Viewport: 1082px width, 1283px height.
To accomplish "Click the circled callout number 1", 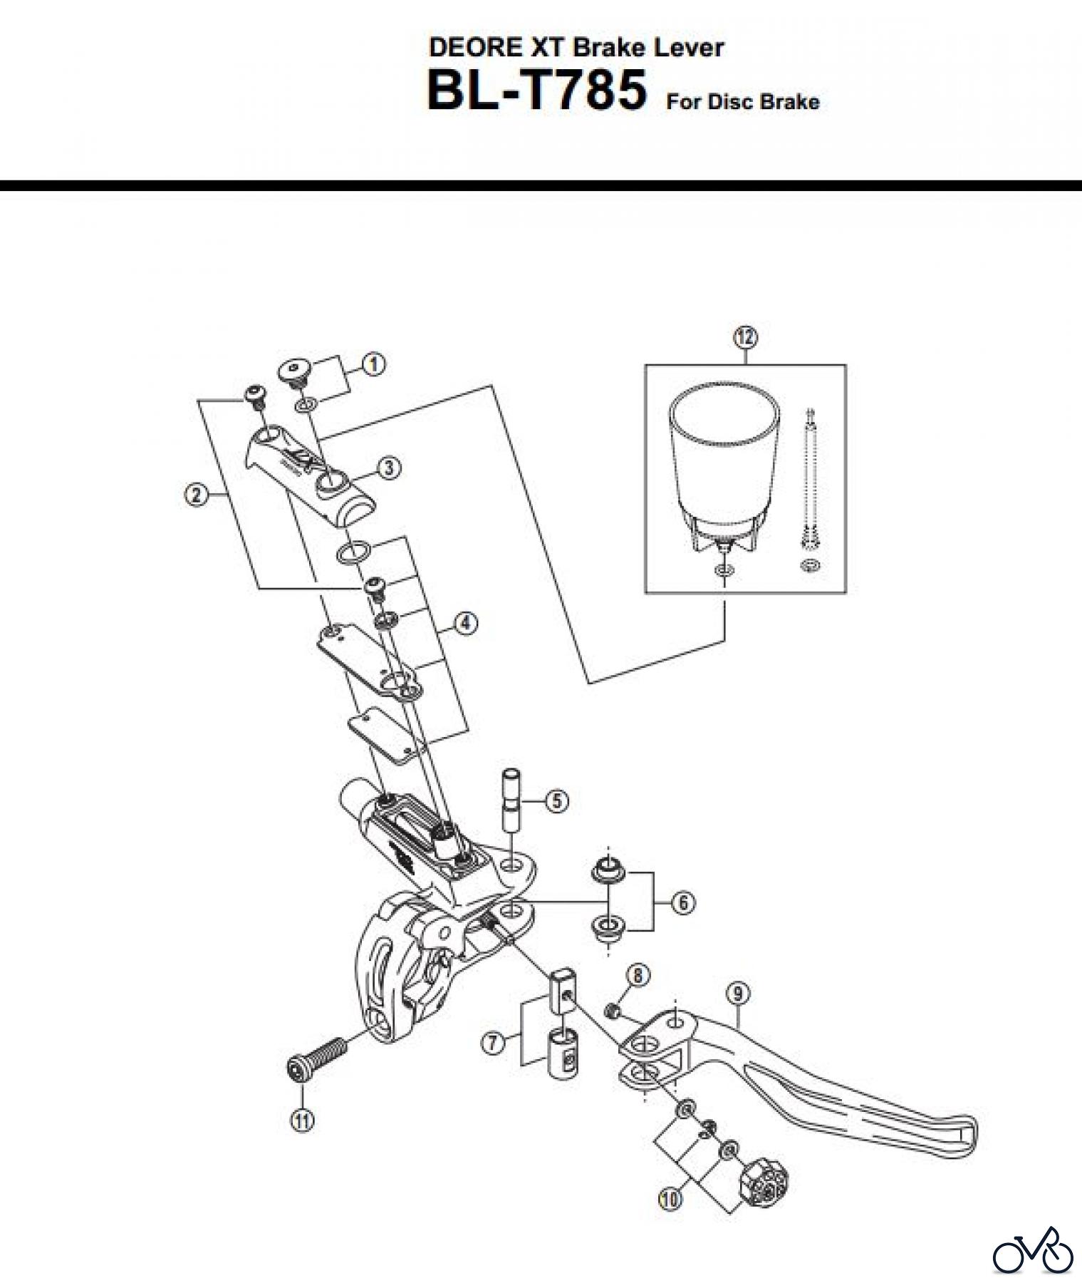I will (x=373, y=364).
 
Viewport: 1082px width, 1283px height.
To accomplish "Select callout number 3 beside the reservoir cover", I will (x=389, y=468).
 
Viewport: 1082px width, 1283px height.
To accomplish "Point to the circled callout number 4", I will (x=465, y=623).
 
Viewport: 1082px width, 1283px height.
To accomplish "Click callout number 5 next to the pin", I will (x=556, y=801).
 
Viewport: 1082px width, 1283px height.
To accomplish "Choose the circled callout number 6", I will (x=682, y=903).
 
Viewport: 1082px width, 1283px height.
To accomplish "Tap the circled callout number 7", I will (x=493, y=1044).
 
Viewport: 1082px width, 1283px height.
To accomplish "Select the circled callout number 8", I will (x=638, y=974).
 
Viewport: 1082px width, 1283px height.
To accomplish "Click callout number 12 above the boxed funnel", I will (x=745, y=337).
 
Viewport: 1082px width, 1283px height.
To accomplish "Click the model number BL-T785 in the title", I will (x=536, y=91).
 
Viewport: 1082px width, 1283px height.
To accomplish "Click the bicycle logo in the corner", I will (x=1033, y=1251).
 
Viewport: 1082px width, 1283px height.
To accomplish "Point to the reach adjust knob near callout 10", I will (x=766, y=1183).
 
